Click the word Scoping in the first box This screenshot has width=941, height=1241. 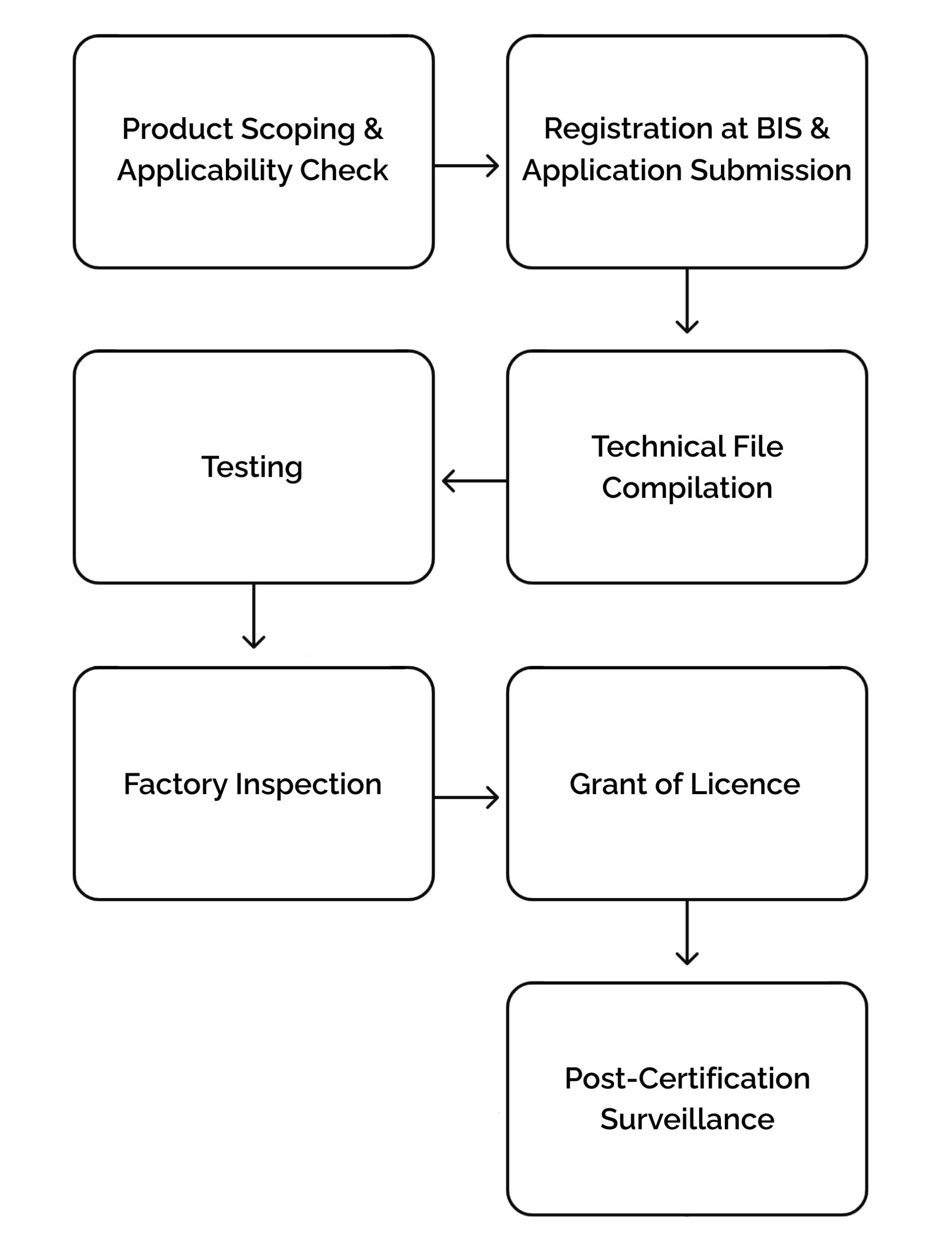pyautogui.click(x=298, y=130)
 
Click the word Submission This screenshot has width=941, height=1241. pyautogui.click(x=770, y=170)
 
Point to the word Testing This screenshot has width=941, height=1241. pyautogui.click(x=252, y=467)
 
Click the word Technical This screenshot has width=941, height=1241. pyautogui.click(x=651, y=447)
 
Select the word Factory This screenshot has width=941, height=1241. pyautogui.click(x=175, y=784)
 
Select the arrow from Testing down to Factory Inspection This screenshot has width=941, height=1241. pyautogui.click(x=253, y=616)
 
